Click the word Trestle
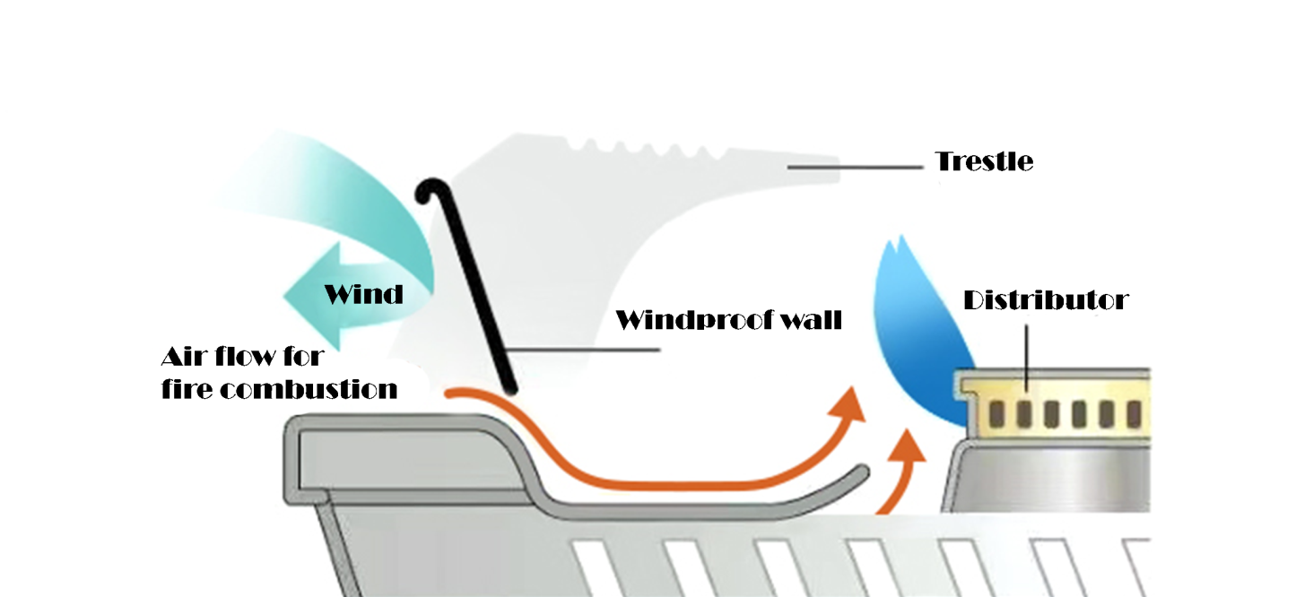984,162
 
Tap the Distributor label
1045,300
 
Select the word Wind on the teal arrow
363,293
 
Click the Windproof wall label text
728,320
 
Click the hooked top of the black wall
433,189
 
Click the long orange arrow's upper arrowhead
850,402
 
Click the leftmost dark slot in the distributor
996,412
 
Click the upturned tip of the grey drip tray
862,473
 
